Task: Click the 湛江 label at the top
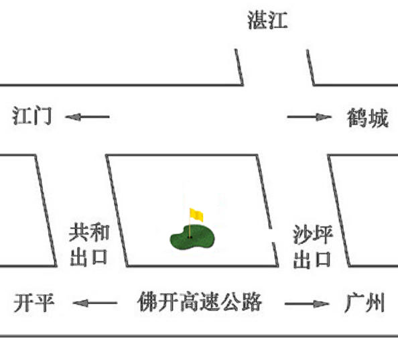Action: coord(267,20)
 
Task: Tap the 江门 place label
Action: coord(32,116)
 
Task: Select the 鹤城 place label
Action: coord(368,117)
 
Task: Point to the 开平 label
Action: coord(34,302)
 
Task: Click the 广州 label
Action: coord(364,302)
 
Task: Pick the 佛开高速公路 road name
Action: coord(200,302)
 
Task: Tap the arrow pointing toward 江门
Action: coord(87,117)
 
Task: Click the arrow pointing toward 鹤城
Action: coord(310,117)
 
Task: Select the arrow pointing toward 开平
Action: coord(95,303)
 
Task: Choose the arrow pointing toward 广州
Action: coord(307,304)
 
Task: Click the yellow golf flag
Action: coord(196,215)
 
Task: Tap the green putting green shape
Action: coord(192,237)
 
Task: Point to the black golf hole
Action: coord(190,237)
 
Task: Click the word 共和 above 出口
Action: coord(89,233)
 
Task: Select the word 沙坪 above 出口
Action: coord(313,235)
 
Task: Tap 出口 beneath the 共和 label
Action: coord(89,257)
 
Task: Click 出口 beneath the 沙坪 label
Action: coord(312,259)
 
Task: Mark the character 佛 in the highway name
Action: coord(147,302)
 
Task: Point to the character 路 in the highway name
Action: coord(251,302)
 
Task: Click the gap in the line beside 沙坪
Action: coord(271,235)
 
